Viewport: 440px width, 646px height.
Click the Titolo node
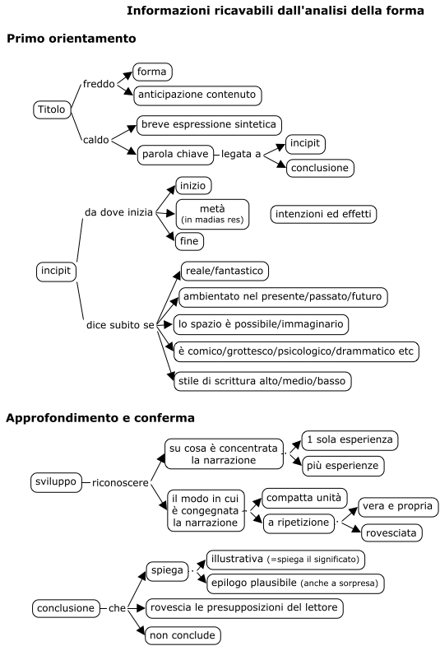[52, 109]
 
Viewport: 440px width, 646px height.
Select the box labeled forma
[152, 72]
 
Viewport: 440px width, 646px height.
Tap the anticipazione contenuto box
[197, 95]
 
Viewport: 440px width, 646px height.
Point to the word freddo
[99, 84]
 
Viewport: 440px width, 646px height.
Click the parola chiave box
[175, 155]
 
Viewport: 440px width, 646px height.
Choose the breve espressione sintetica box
[209, 125]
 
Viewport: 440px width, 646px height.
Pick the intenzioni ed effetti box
[323, 214]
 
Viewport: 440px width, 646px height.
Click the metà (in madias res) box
[212, 214]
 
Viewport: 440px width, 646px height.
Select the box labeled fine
[189, 241]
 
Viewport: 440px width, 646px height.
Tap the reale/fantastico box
[225, 271]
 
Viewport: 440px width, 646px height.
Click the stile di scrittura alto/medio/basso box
[262, 381]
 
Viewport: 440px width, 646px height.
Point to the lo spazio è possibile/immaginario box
[261, 324]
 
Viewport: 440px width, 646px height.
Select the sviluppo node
[56, 482]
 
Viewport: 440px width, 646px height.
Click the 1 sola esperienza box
[350, 440]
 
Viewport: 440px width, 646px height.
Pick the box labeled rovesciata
[391, 533]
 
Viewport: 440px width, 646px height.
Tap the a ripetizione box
[299, 523]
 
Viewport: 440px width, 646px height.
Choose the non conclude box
[183, 635]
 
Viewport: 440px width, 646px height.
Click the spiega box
[167, 570]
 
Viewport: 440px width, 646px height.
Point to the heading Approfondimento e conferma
[100, 418]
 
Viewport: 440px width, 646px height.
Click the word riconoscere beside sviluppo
[120, 483]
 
